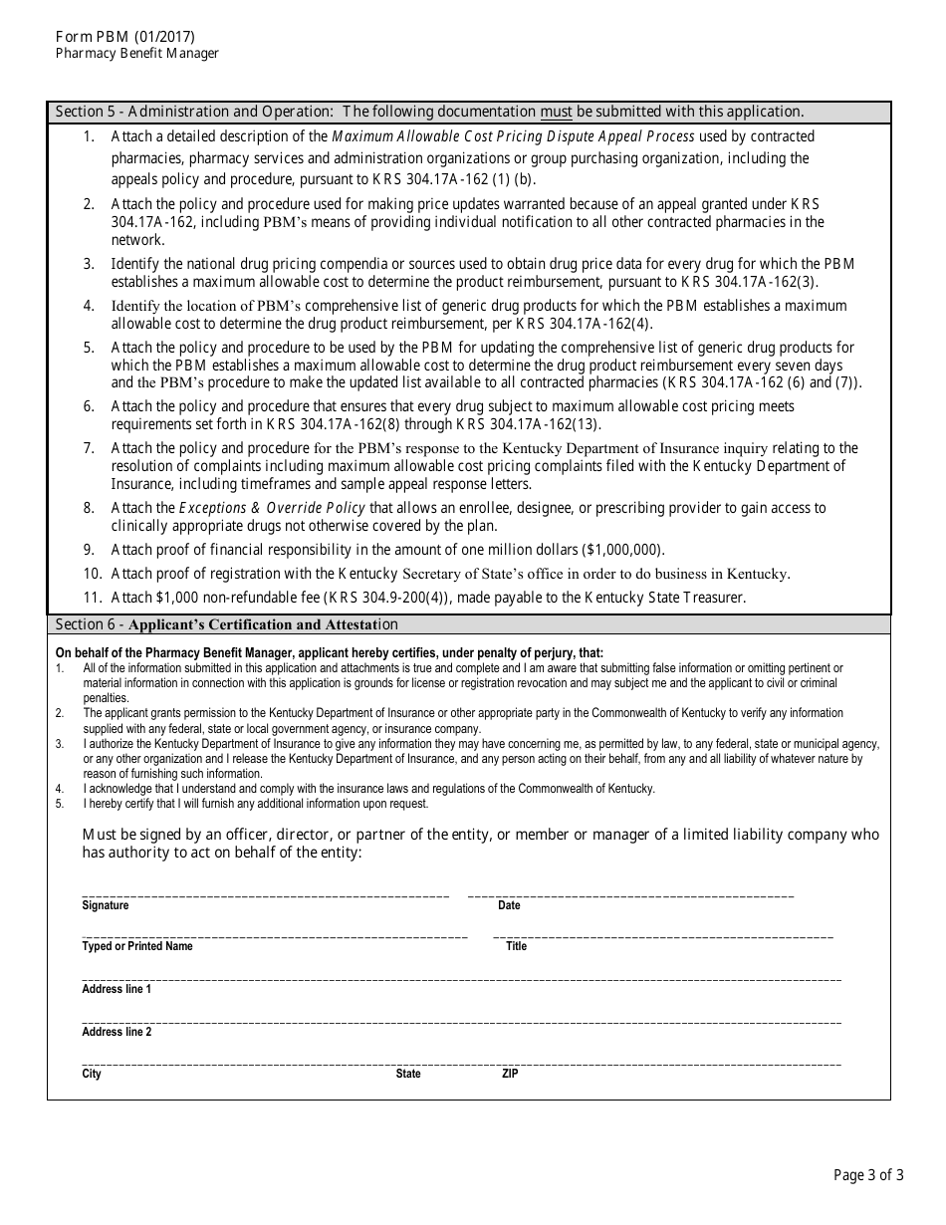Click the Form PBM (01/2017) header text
(x=125, y=37)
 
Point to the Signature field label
(x=105, y=905)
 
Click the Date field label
(x=509, y=905)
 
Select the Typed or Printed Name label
(x=136, y=946)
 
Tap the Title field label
(x=516, y=946)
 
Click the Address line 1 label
(x=117, y=989)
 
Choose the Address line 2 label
(x=117, y=1032)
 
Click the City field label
(x=92, y=1074)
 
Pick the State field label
(x=408, y=1074)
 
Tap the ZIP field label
(x=510, y=1074)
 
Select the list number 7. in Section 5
(x=89, y=448)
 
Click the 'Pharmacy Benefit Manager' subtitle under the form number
(x=137, y=54)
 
